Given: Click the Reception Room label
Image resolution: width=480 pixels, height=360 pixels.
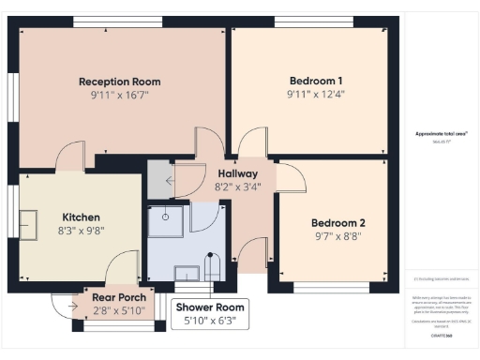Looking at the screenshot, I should tap(120, 82).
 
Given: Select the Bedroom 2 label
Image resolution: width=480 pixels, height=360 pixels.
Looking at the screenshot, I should tap(337, 223).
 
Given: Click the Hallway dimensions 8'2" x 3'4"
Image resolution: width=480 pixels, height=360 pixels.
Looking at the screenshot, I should tap(239, 187).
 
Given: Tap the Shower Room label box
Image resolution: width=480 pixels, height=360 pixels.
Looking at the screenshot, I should tap(210, 313).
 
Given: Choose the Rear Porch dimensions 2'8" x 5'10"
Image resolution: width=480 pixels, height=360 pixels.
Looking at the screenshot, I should tap(118, 310).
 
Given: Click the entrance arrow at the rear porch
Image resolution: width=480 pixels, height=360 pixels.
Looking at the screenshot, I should tap(74, 301).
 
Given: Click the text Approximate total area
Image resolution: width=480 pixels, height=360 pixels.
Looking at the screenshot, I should tap(441, 133).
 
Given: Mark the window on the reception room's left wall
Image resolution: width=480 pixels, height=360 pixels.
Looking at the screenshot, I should tap(14, 95).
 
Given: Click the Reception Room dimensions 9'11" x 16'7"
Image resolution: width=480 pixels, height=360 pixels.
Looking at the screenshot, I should tap(120, 96).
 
